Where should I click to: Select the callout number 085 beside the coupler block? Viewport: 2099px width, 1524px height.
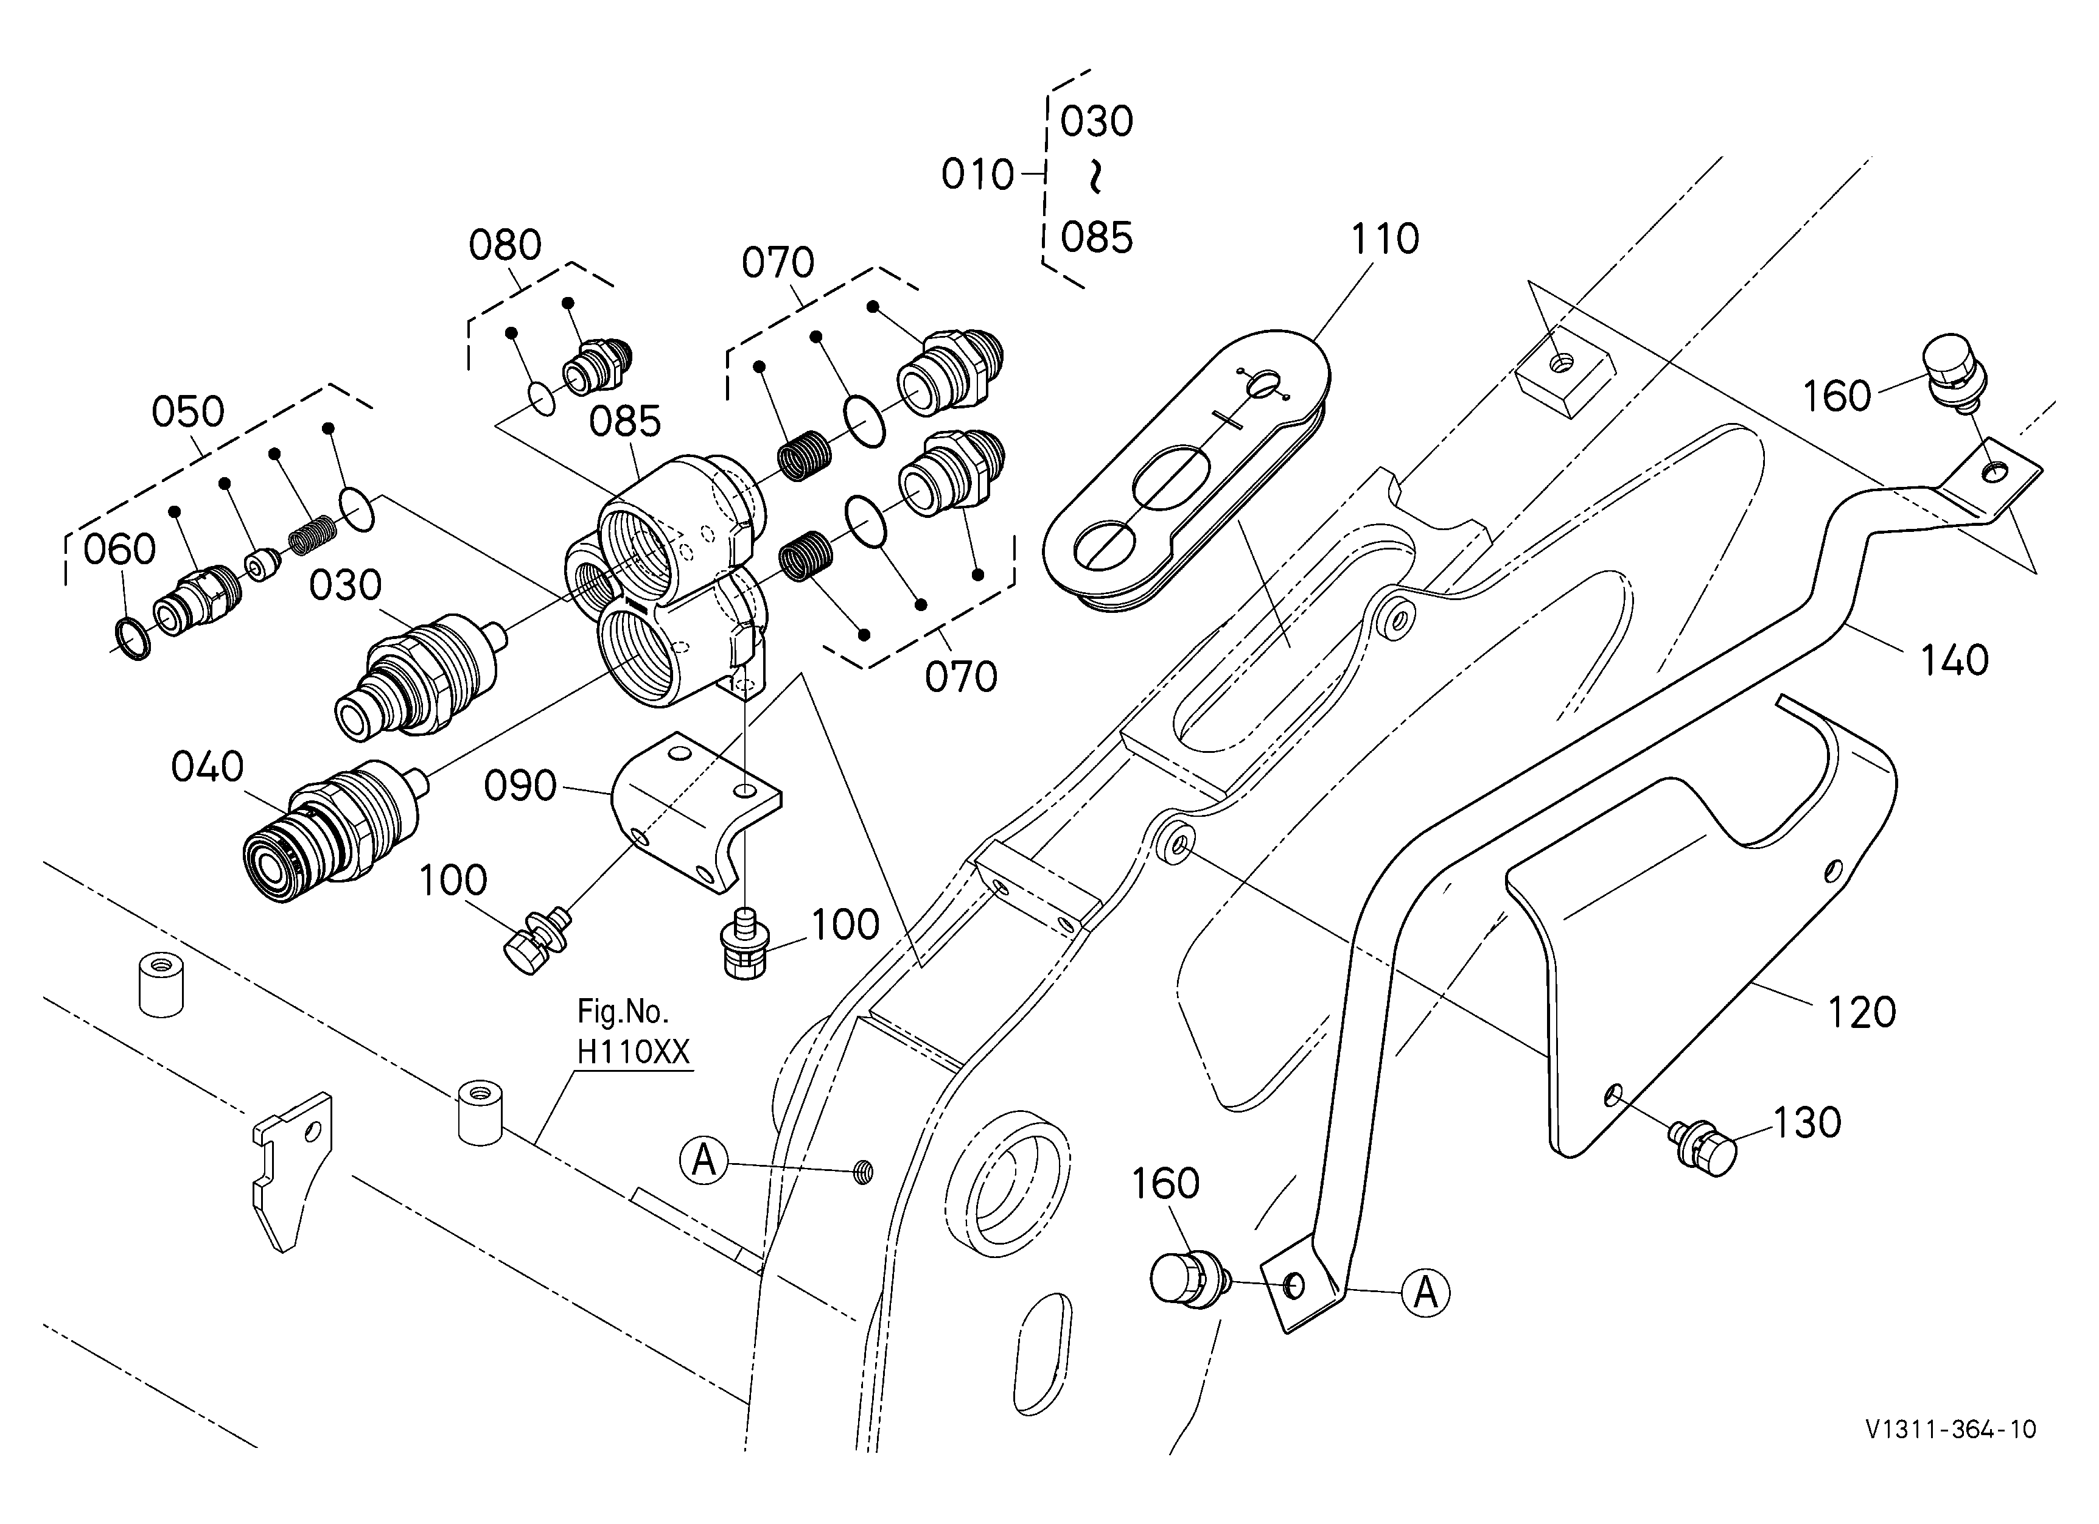(626, 422)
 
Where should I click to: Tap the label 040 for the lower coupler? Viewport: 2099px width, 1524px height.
(208, 767)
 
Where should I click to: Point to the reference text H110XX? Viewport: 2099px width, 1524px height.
(634, 1052)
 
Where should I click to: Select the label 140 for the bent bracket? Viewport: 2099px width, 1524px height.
(1954, 661)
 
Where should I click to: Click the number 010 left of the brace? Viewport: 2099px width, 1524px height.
(977, 174)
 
